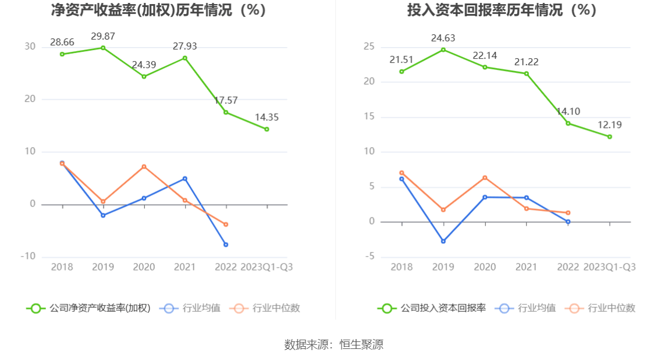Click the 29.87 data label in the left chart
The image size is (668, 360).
[x=103, y=37]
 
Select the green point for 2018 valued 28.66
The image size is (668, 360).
[x=62, y=54]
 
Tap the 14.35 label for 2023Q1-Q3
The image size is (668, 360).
[x=267, y=117]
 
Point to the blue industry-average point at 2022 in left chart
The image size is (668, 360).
[x=226, y=244]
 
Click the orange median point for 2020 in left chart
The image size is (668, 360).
[x=144, y=166]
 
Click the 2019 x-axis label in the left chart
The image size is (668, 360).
[x=103, y=267]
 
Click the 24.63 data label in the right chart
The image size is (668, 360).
[x=443, y=38]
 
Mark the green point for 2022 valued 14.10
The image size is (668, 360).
[x=568, y=123]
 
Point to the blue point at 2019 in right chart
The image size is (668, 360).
[x=443, y=241]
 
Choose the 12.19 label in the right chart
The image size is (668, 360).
[x=609, y=125]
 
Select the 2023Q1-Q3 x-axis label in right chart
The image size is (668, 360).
[x=609, y=267]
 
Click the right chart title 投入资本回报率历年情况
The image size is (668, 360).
[x=502, y=10]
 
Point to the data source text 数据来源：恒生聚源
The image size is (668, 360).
[x=334, y=344]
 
